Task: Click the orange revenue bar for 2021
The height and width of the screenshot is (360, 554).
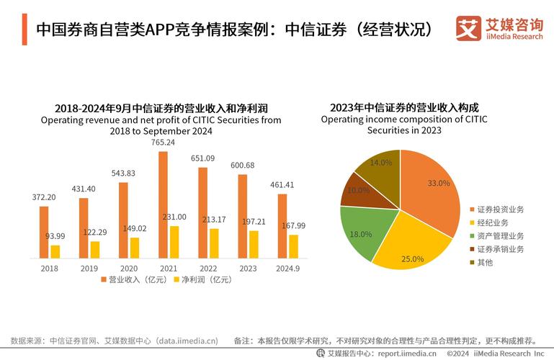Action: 163,204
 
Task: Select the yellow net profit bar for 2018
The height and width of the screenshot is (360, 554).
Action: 55,251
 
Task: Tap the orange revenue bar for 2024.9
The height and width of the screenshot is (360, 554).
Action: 282,225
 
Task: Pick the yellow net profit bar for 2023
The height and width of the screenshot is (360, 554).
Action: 254,244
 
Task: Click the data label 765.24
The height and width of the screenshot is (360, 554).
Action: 163,143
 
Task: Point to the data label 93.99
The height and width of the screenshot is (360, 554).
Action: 55,236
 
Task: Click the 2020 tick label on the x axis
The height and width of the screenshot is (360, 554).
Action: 128,268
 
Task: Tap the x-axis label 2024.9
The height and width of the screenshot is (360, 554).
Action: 287,268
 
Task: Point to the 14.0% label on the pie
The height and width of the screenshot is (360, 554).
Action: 380,163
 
